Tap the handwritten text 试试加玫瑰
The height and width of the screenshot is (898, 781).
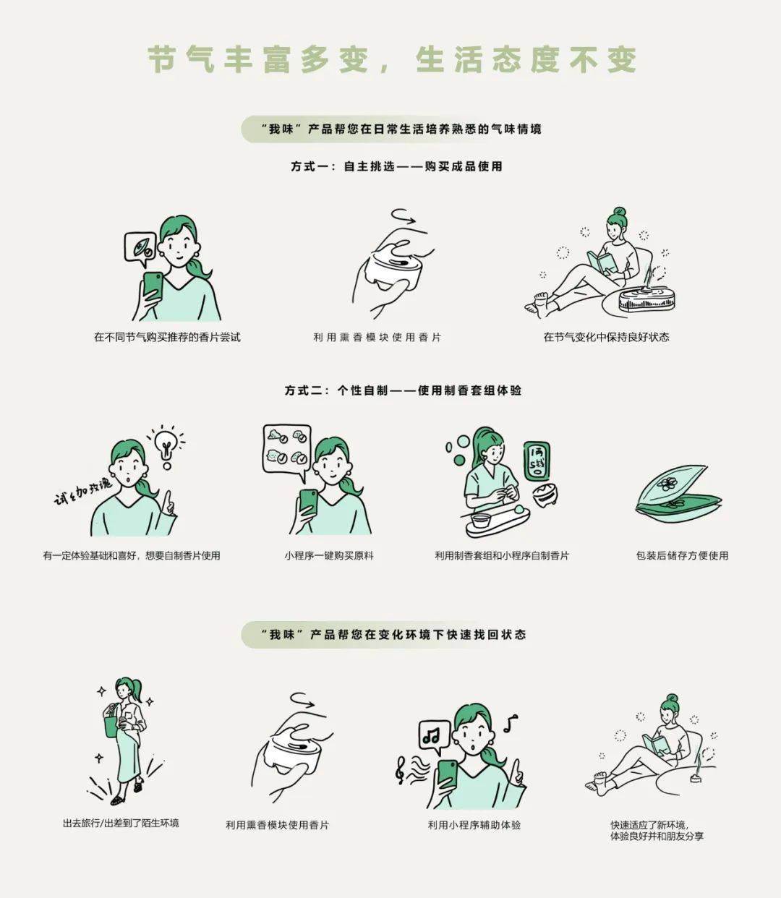[x=82, y=491]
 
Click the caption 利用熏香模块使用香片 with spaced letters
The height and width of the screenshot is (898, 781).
[x=377, y=337]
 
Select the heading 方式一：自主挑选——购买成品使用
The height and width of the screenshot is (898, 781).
[x=396, y=166]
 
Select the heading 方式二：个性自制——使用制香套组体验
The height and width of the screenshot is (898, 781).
[x=403, y=390]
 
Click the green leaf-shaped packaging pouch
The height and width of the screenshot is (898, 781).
[x=677, y=494]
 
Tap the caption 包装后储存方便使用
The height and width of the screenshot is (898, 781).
[x=682, y=555]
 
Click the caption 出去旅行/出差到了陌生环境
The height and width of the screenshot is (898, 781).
[x=121, y=823]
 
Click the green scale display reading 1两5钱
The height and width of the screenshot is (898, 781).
[x=537, y=461]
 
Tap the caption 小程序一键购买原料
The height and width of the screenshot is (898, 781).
[x=329, y=555]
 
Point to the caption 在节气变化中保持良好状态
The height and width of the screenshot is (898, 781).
[x=606, y=337]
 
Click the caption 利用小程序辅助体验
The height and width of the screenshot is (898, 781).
[x=474, y=825]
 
